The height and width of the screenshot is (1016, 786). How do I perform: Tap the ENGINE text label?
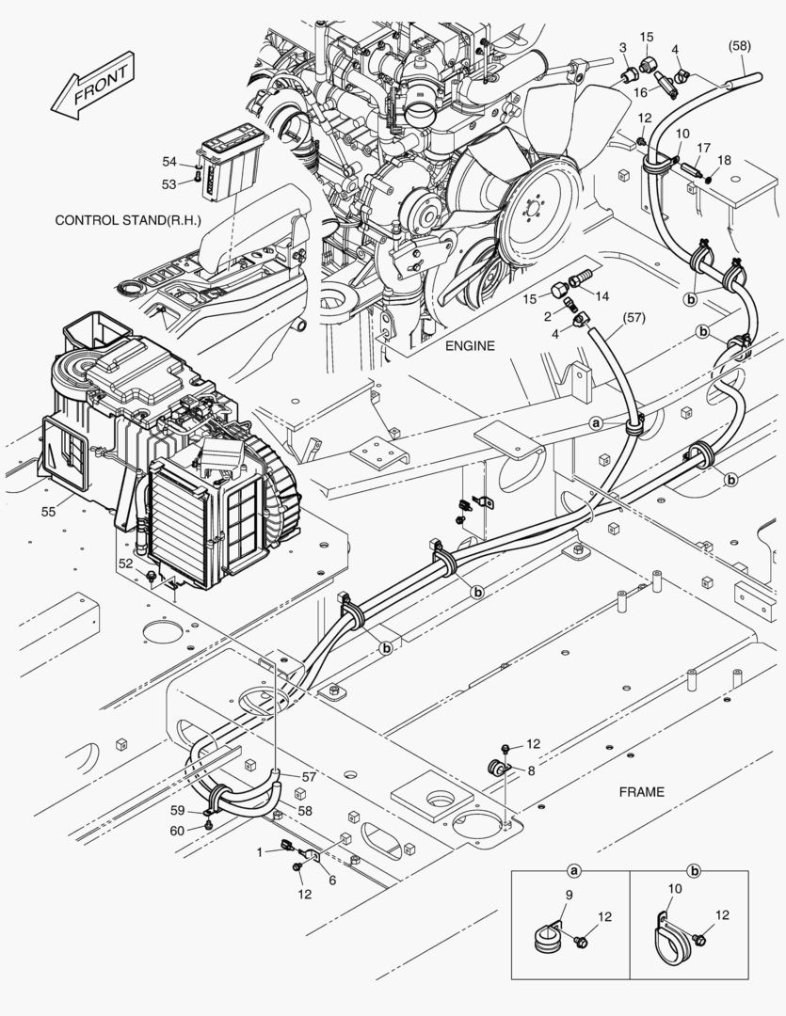pyautogui.click(x=470, y=346)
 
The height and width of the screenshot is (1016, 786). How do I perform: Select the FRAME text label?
pyautogui.click(x=641, y=791)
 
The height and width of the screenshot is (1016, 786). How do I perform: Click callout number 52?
pyautogui.click(x=125, y=563)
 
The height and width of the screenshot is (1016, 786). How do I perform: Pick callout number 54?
pyautogui.click(x=168, y=163)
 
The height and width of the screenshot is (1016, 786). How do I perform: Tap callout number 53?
pyautogui.click(x=168, y=183)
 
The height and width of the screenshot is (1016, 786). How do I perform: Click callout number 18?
pyautogui.click(x=725, y=161)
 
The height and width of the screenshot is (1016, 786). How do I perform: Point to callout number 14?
pyautogui.click(x=602, y=296)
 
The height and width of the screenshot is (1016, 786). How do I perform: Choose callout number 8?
pyautogui.click(x=531, y=770)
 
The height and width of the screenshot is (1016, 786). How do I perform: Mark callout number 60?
pyautogui.click(x=177, y=829)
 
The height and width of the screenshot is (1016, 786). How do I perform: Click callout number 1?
pyautogui.click(x=260, y=851)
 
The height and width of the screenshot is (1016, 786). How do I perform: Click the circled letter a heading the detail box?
pyautogui.click(x=572, y=872)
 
